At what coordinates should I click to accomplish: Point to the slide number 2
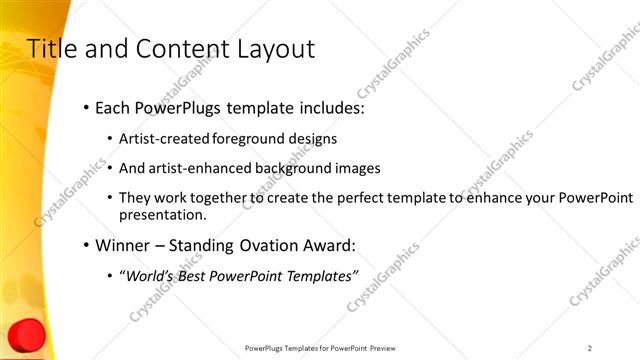tap(590, 348)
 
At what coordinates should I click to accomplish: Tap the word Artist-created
tap(163, 139)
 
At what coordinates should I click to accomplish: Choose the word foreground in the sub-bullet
tap(249, 139)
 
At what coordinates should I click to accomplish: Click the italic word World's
tap(149, 276)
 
